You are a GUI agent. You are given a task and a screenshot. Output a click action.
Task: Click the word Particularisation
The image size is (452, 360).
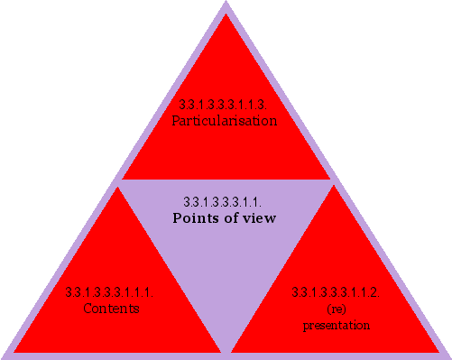pyautogui.click(x=225, y=120)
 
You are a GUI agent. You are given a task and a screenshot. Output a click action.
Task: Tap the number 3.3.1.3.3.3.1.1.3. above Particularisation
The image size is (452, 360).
pyautogui.click(x=225, y=106)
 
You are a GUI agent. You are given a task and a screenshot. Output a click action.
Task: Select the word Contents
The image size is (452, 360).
pyautogui.click(x=110, y=309)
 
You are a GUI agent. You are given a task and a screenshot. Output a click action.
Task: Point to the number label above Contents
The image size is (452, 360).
pyautogui.click(x=110, y=293)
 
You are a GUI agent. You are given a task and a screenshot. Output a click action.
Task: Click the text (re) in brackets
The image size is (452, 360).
pyautogui.click(x=335, y=309)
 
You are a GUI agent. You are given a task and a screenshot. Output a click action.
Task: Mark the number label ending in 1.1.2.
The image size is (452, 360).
pyautogui.click(x=335, y=293)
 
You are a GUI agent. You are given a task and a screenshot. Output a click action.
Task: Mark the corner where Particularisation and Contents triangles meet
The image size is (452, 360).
pyautogui.click(x=120, y=181)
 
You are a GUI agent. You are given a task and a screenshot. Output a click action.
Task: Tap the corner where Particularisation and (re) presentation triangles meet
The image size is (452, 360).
pyautogui.click(x=332, y=181)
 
